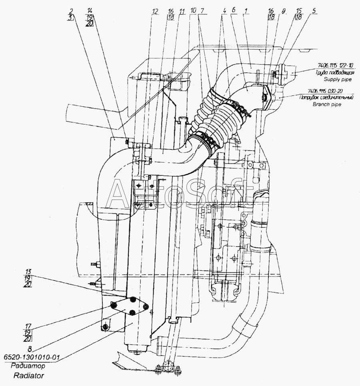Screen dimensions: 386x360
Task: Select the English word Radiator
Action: [x=28, y=376]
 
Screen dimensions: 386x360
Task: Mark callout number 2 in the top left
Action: [x=71, y=11]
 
